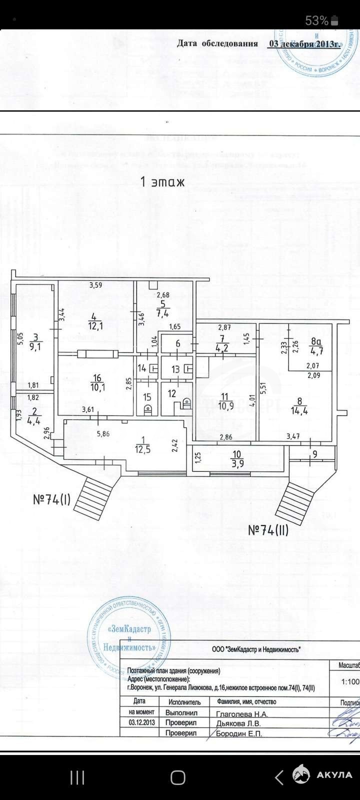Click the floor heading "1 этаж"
pos(163,182)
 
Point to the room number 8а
pos(315,342)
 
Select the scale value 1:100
pos(349,681)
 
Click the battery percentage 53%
pos(316,20)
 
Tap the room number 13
pos(175,369)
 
